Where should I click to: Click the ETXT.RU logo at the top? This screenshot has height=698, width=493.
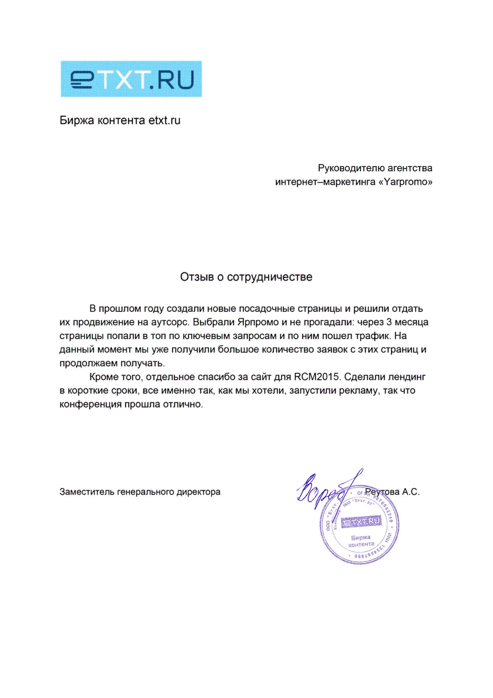click(x=131, y=79)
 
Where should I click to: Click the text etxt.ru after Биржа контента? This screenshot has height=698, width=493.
click(x=164, y=120)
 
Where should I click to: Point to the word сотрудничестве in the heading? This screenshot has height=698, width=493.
click(x=270, y=277)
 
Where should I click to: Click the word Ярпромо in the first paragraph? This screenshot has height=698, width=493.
click(x=258, y=322)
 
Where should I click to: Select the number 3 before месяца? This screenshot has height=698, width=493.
click(x=389, y=322)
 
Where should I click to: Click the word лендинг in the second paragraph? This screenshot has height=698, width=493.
click(x=407, y=377)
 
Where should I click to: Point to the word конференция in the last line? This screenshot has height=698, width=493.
click(x=90, y=404)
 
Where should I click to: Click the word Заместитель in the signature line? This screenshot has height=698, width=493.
click(x=87, y=492)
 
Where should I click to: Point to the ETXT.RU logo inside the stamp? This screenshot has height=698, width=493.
click(x=362, y=522)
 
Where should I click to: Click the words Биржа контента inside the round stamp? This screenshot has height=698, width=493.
click(x=361, y=541)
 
